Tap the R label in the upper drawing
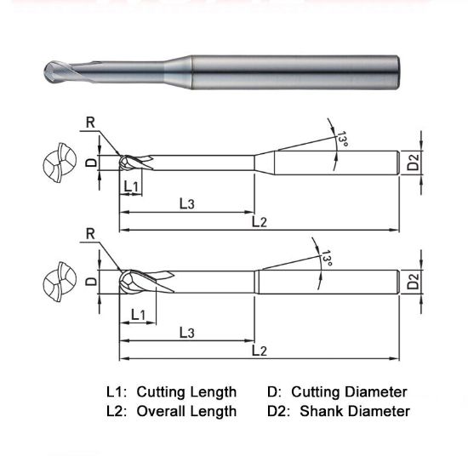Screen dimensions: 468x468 pos(91,123)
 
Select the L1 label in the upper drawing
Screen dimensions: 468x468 pos(131,186)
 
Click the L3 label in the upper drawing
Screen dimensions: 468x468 pos(187,204)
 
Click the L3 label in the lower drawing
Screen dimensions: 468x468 pos(187,333)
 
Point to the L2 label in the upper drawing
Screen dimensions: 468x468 pos(260,222)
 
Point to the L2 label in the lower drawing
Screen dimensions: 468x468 pos(260,351)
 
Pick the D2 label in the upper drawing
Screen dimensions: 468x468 pos(412,161)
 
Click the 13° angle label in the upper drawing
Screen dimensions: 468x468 pos(342,140)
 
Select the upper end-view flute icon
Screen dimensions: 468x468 pos(57,163)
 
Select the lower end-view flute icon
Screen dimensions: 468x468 pos(57,281)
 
